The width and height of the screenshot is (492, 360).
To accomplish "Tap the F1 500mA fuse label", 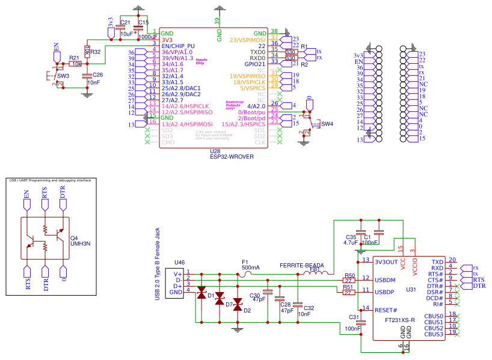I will click(250, 264).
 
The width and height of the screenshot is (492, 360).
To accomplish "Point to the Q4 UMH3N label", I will click(79, 240).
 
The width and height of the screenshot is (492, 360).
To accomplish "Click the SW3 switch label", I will click(63, 76).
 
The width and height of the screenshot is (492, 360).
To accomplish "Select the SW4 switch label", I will click(327, 124).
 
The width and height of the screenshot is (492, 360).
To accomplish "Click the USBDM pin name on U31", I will click(385, 280).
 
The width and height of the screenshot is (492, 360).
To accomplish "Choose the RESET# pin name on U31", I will click(385, 310).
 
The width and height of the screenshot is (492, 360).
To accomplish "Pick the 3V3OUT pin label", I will click(386, 262).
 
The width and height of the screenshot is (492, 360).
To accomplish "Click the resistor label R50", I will click(349, 275).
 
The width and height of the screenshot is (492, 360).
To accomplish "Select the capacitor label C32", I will click(309, 308).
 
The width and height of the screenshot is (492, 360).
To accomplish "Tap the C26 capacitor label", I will click(97, 75).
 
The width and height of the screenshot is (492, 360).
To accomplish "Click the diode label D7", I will click(229, 305).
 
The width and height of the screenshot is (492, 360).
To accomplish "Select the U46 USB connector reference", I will click(180, 263).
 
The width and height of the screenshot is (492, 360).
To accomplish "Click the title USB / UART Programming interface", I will click(49, 180).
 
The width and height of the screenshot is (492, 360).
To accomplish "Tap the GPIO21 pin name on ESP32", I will click(254, 64).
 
